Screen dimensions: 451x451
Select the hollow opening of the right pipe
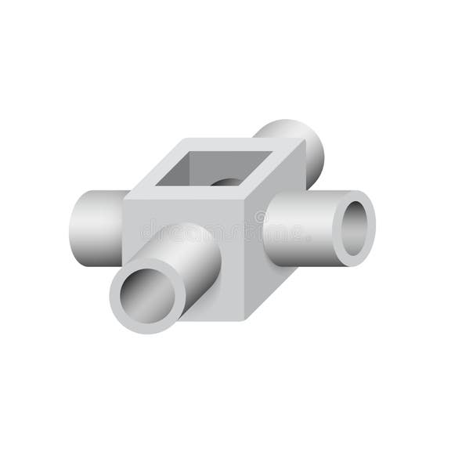coord(355,227)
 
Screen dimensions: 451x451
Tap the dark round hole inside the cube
coord(228,182)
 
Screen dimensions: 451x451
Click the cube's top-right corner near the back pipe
coord(301,142)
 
